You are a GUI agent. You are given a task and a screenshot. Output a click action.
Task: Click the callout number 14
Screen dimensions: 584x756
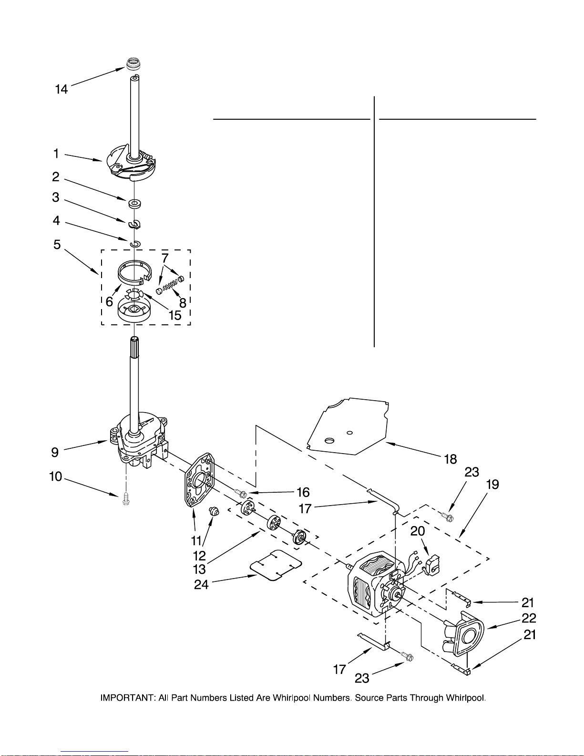61,89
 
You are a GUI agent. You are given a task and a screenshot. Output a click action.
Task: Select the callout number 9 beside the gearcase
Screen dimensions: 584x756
55,452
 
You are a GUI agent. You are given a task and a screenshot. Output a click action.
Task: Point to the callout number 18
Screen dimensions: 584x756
451,459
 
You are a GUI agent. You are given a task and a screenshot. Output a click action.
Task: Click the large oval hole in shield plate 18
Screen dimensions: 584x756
329,440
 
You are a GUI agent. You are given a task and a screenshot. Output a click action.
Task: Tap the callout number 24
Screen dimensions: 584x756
201,584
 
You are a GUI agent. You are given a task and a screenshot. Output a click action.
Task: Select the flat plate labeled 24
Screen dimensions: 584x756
276,565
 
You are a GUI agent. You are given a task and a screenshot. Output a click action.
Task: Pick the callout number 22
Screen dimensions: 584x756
529,618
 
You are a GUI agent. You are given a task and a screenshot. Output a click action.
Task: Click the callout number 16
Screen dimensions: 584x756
303,492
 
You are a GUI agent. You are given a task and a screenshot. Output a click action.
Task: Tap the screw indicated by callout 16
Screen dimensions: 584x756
241,493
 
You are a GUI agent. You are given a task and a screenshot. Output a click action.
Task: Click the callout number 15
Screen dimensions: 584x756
175,315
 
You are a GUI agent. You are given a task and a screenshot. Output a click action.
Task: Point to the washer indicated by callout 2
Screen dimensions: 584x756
134,203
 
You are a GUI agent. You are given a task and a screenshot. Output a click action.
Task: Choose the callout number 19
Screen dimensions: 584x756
492,484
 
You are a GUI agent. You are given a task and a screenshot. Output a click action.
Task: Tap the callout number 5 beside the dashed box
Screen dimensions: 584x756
57,245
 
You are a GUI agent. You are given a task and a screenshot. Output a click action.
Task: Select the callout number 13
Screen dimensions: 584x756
199,570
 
